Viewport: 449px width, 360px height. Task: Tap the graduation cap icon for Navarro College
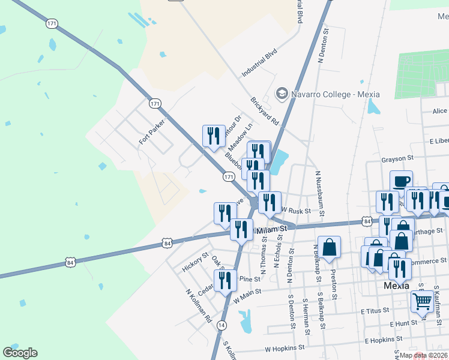click(x=281, y=94)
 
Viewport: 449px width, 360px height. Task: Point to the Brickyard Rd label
click(x=265, y=111)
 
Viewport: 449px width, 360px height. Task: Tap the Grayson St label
click(x=398, y=159)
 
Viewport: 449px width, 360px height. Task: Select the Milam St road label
click(x=271, y=230)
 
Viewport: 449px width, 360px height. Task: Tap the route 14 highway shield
click(x=221, y=325)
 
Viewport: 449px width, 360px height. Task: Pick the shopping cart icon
click(x=422, y=301)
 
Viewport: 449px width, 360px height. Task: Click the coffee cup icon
click(x=401, y=181)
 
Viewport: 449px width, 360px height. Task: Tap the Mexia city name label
click(x=396, y=286)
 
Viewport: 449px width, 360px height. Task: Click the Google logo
click(x=20, y=353)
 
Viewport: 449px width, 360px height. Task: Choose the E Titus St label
click(x=375, y=311)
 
